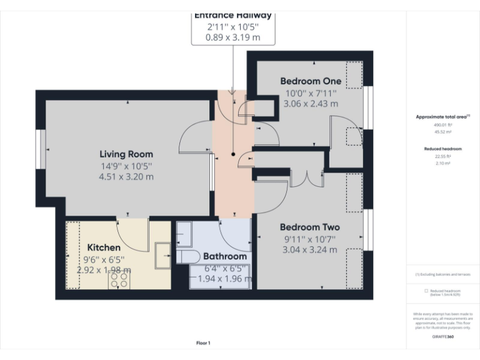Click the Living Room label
126,154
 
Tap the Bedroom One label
310,81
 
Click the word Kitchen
104,247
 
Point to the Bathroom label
225,256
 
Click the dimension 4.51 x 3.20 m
126,177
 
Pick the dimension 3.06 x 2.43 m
310,104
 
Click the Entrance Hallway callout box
232,27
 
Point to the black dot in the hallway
233,153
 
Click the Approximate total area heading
442,117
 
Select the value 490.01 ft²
442,125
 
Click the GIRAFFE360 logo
442,336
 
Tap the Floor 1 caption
203,343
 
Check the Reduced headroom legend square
426,291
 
